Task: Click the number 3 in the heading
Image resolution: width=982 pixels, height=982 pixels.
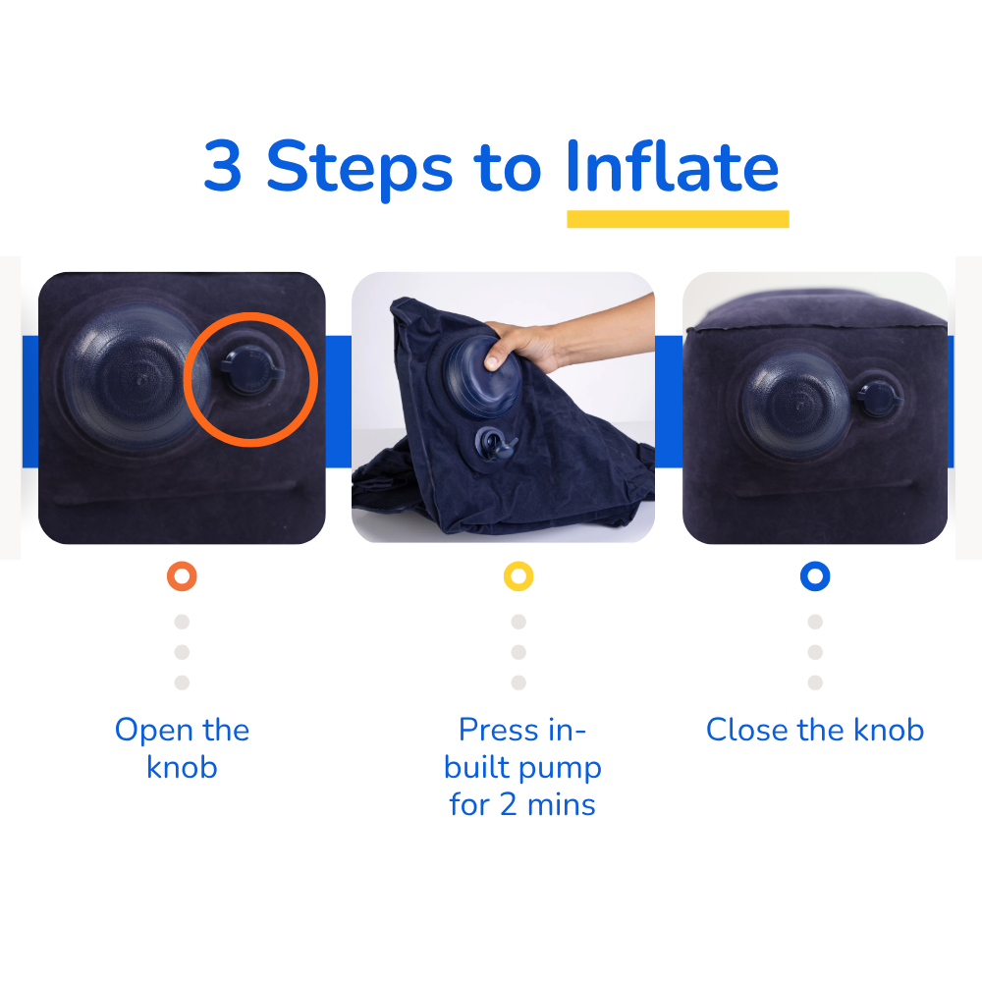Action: pyautogui.click(x=223, y=166)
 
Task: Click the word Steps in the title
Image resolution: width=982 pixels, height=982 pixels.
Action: pyautogui.click(x=359, y=168)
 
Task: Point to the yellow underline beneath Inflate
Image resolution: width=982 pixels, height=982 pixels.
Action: pyautogui.click(x=678, y=219)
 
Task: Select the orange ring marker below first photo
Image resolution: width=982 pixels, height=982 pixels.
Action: pyautogui.click(x=182, y=576)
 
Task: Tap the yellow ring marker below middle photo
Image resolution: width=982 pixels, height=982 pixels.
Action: pyautogui.click(x=518, y=576)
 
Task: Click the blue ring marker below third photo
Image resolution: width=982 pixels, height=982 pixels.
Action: pyautogui.click(x=815, y=576)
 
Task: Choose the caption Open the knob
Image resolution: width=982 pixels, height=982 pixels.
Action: pyautogui.click(x=182, y=748)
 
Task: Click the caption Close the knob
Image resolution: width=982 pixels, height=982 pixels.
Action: pyautogui.click(x=815, y=731)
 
